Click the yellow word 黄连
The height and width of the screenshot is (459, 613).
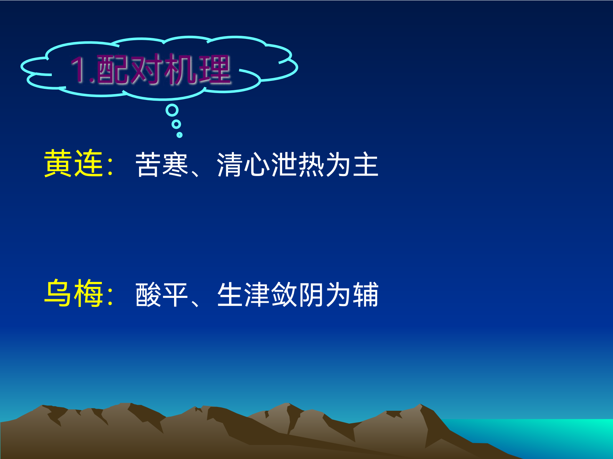pos(74,163)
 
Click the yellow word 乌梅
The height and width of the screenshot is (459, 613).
pos(74,293)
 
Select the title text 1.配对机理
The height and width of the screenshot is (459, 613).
pos(151,69)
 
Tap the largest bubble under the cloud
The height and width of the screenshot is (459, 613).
pos(172,110)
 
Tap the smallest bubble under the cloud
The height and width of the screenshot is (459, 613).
pos(179,135)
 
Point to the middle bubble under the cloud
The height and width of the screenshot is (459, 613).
pos(177,124)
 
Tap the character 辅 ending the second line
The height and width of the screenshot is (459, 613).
pos(366,294)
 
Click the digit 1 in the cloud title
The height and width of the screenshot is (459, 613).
pos(79,69)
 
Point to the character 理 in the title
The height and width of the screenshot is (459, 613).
pos(214,69)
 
